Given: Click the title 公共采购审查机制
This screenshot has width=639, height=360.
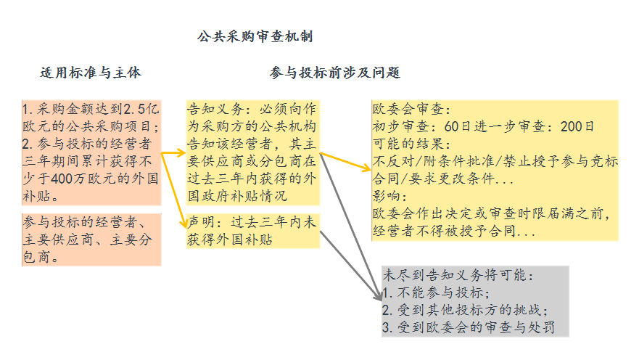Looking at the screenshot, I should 255,36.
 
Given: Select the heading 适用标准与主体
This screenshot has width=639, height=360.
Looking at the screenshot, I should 91,73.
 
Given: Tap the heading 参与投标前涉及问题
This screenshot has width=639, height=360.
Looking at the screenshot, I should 334,73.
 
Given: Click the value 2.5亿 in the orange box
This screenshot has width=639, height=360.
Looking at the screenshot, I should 139,110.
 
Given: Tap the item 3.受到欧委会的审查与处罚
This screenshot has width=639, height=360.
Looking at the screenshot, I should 469,327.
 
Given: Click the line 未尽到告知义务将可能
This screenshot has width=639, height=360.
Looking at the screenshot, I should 458,276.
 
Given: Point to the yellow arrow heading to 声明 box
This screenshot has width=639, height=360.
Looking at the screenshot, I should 175,189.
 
